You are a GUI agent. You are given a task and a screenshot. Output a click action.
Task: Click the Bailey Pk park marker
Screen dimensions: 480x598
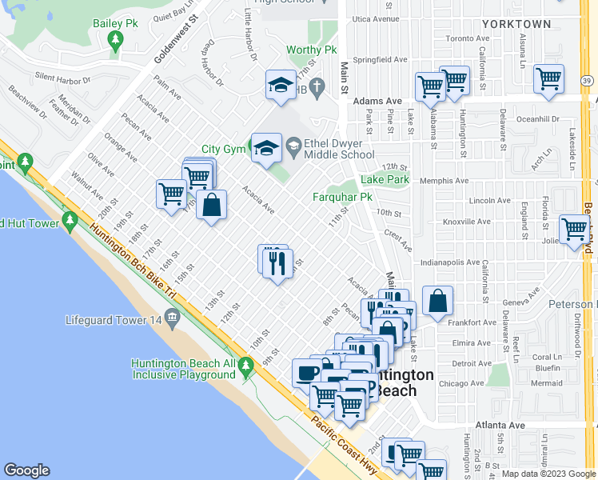[117, 40]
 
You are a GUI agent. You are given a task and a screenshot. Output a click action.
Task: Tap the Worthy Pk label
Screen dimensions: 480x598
[311, 50]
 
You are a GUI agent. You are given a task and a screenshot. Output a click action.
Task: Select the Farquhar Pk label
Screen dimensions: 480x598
[342, 196]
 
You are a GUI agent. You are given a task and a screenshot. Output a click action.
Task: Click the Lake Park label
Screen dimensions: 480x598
[385, 179]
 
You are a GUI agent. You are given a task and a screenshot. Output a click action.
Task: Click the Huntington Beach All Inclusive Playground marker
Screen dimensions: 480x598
[246, 368]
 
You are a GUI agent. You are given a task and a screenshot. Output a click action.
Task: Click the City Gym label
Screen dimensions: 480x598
[221, 149]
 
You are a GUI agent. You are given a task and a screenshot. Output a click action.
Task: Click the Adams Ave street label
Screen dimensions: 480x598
[377, 102]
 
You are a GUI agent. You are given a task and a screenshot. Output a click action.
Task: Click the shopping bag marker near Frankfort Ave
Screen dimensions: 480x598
[438, 302]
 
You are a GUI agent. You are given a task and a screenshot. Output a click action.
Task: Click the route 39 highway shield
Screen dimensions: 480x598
[586, 81]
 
